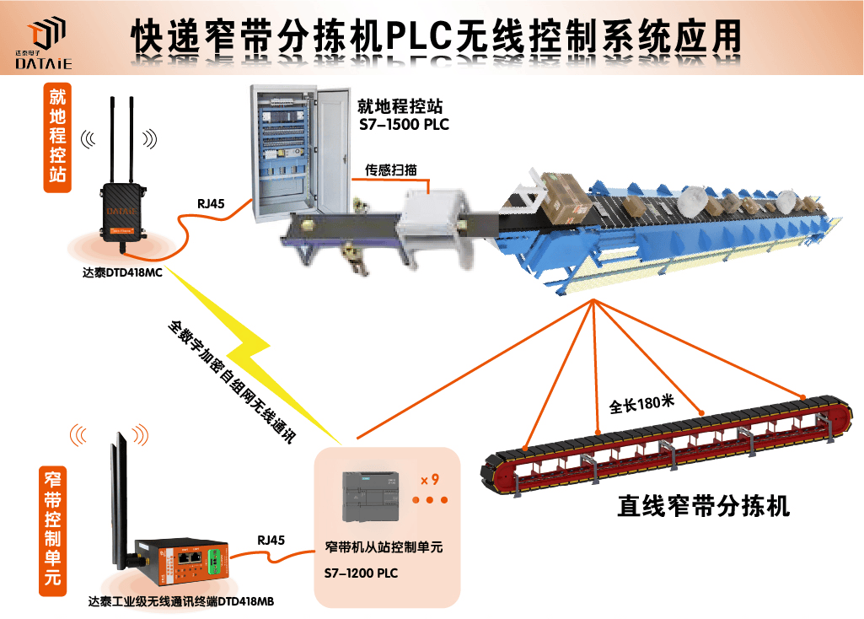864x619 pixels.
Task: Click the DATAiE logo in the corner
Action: click(x=48, y=44)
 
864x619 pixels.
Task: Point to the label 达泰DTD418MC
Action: click(x=122, y=272)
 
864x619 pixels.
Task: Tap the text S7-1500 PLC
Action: click(x=404, y=125)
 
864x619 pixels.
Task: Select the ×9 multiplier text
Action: click(x=430, y=480)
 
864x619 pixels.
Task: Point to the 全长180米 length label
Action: click(x=641, y=403)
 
